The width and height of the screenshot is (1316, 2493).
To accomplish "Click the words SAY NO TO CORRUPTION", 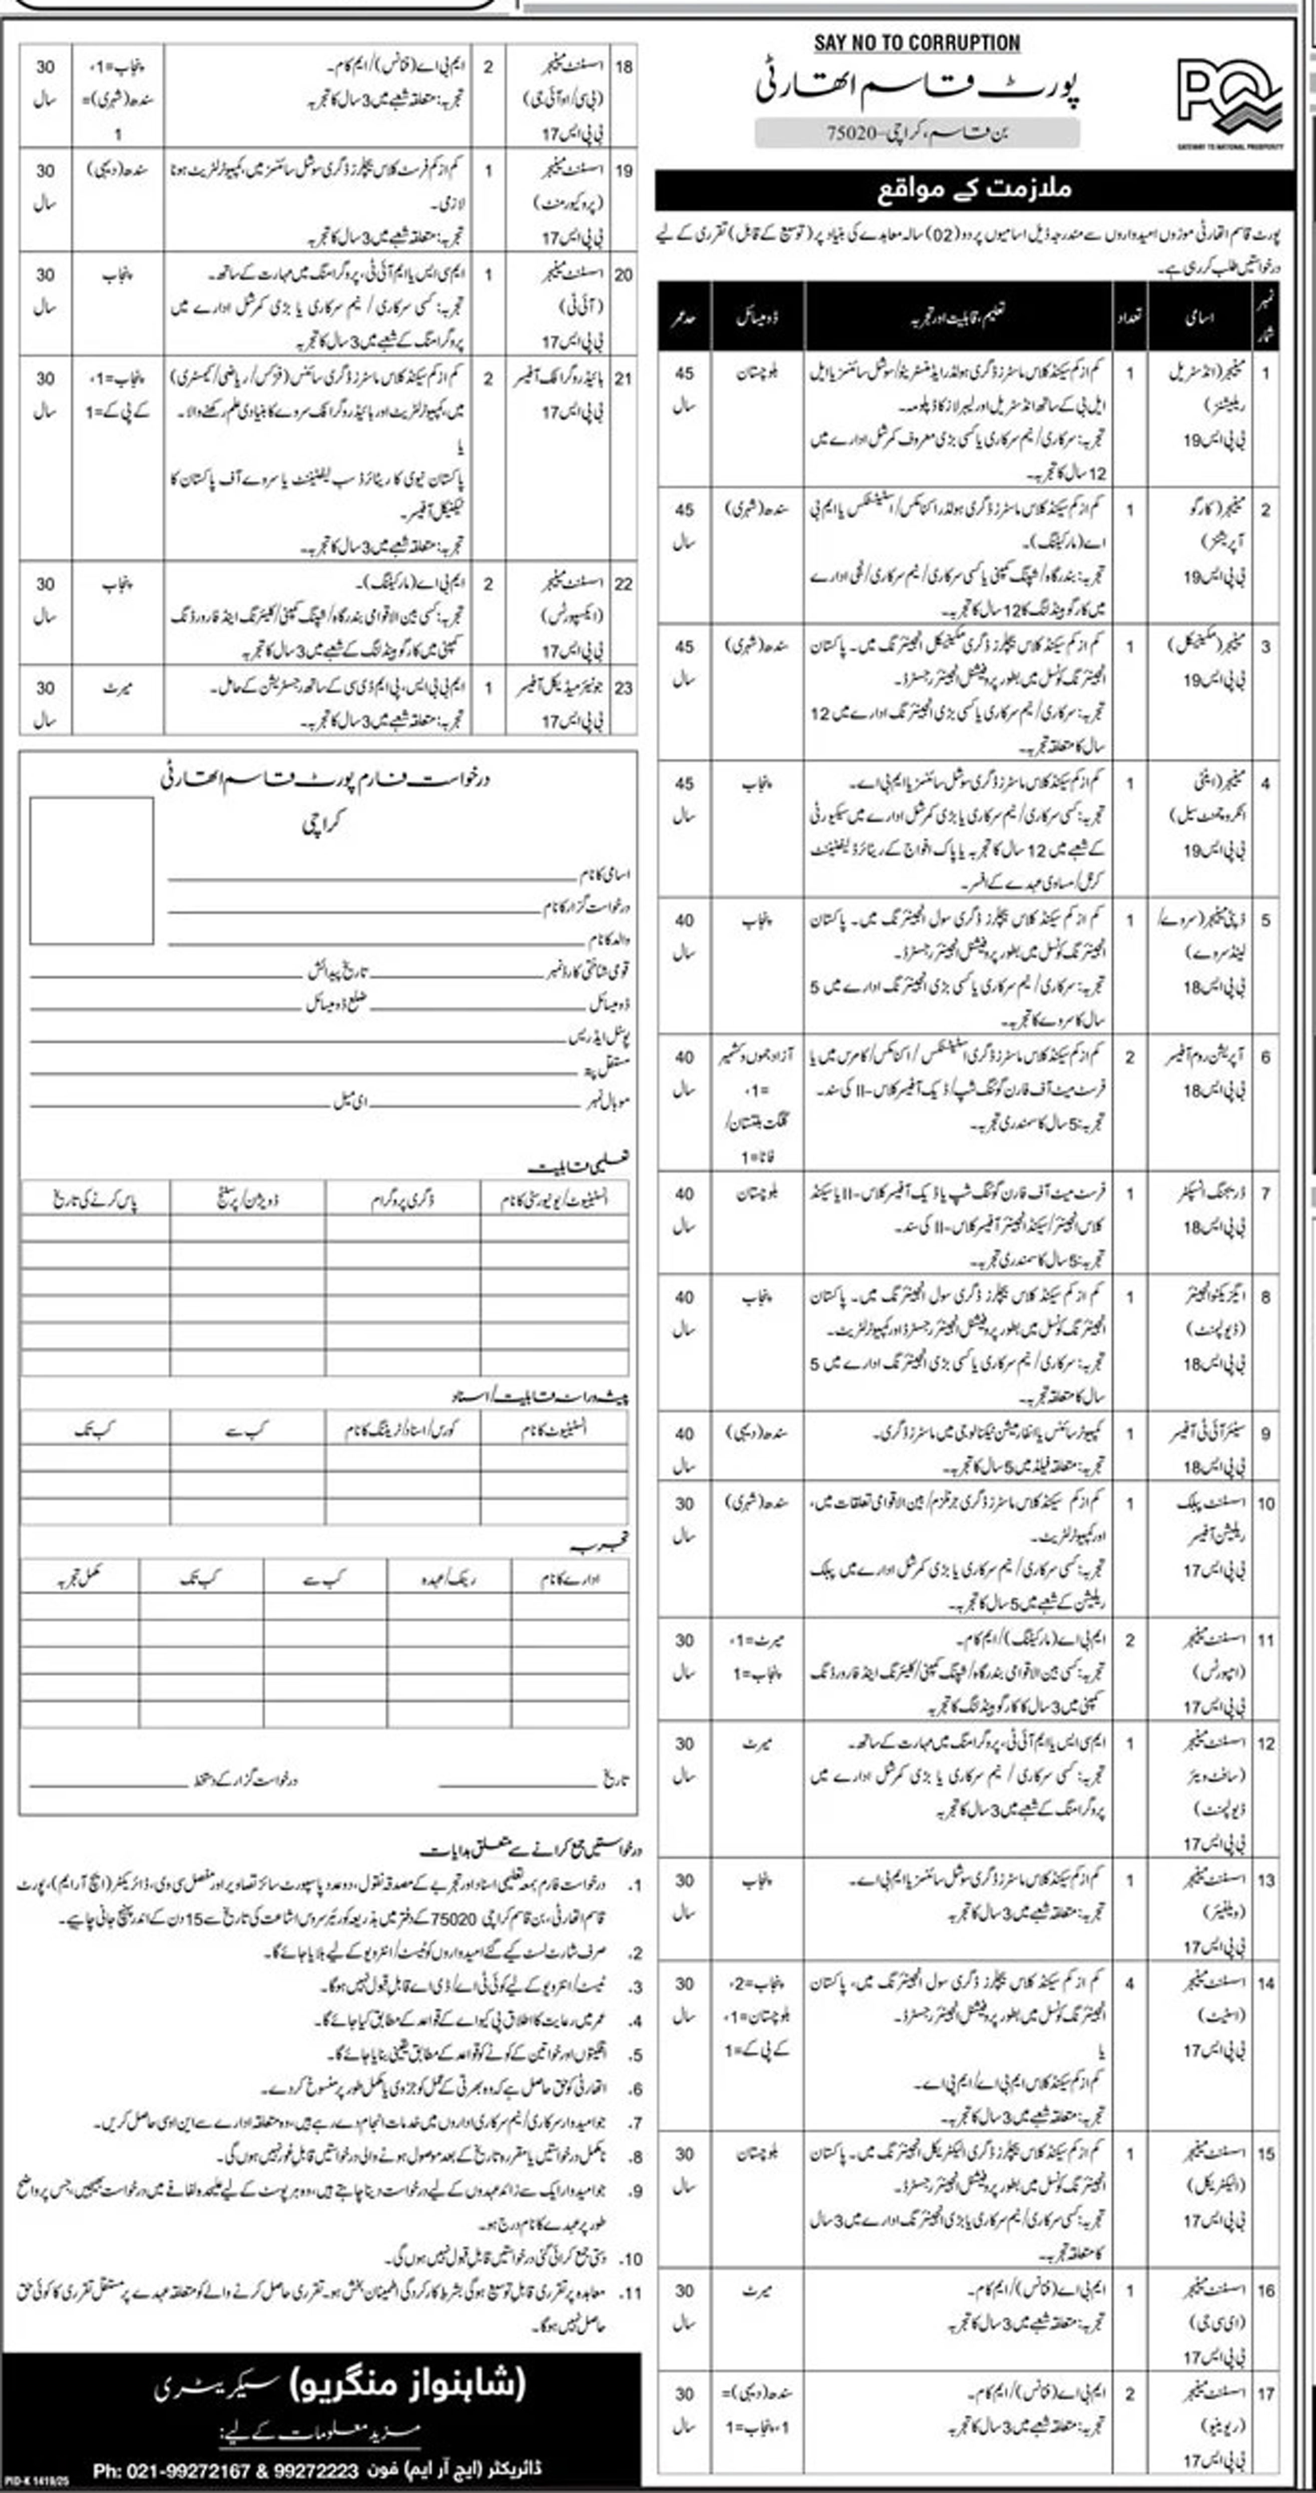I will pyautogui.click(x=917, y=43).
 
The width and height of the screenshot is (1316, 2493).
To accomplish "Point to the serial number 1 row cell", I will pyautogui.click(x=1265, y=372).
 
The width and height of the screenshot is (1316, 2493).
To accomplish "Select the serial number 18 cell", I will pyautogui.click(x=623, y=67).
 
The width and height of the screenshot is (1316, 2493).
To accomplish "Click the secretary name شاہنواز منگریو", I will pyautogui.click(x=407, y=2383).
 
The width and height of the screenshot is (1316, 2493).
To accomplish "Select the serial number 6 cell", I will pyautogui.click(x=1265, y=1057).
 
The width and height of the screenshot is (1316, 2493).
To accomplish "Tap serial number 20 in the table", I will pyautogui.click(x=623, y=275).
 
